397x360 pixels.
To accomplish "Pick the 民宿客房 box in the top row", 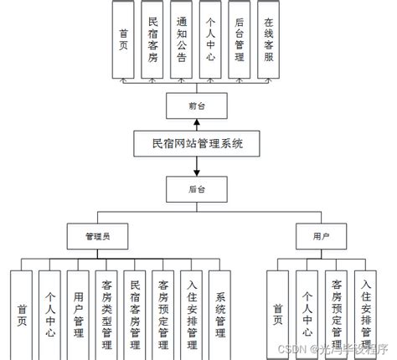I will [x=152, y=40].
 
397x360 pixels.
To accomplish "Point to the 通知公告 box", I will [x=181, y=40].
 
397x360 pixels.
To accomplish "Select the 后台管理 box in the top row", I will [x=240, y=40].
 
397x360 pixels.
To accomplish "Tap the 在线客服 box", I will [x=268, y=40].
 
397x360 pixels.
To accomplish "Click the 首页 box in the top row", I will [x=124, y=40].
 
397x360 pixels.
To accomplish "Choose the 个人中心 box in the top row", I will [x=210, y=40].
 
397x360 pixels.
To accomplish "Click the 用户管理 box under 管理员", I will [x=78, y=311].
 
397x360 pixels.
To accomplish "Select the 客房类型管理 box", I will [x=106, y=311].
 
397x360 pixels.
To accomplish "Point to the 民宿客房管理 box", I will [x=135, y=311].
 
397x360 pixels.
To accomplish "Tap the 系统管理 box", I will [x=219, y=311].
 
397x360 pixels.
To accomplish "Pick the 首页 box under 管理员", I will [x=22, y=311].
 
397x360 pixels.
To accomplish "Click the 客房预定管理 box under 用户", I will [x=336, y=311].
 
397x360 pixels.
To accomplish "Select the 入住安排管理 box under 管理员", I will [x=192, y=311].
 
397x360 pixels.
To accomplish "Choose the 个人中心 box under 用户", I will [x=307, y=311].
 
